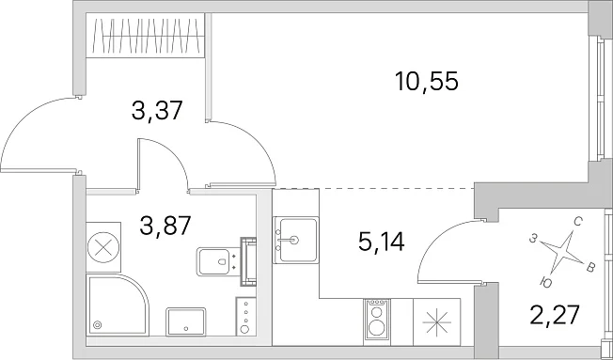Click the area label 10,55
coord(426,82)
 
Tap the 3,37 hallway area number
coord(157,111)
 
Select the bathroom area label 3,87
coord(165,226)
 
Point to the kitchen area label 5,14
coord(381,242)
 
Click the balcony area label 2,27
coord(554,316)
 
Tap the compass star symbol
coord(561,253)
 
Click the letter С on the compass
coord(578,223)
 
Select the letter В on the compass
coord(590,268)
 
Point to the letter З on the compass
coord(533,239)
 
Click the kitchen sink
coord(295,240)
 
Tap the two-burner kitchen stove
coord(376,322)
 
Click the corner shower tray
coord(117,305)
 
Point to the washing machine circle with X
coord(103,247)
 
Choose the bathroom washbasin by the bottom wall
coord(186,321)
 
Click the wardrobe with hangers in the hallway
coord(145,36)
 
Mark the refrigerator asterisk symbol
coord(437,322)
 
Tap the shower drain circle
coord(98,324)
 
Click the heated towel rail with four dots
coord(245,316)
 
